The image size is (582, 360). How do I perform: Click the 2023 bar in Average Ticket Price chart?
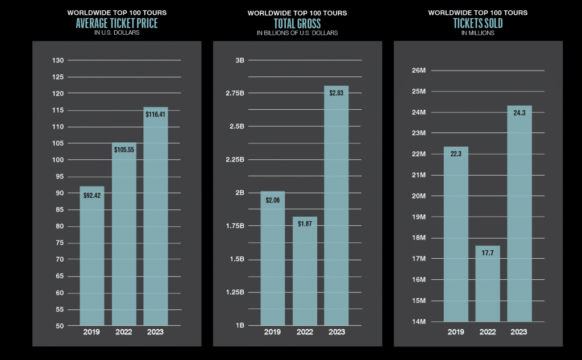pyautogui.click(x=156, y=216)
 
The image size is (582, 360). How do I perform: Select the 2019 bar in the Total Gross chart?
pyautogui.click(x=272, y=259)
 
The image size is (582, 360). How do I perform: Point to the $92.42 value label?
pyautogui.click(x=92, y=196)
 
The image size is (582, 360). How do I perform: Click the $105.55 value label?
pyautogui.click(x=123, y=150)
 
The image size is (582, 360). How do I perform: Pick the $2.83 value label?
pyautogui.click(x=336, y=93)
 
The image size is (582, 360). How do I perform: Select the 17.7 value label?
pyautogui.click(x=487, y=253)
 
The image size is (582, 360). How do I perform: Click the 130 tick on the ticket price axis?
pyautogui.click(x=57, y=60)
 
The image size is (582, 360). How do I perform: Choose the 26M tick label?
pyautogui.click(x=418, y=71)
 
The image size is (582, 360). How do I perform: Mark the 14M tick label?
pyautogui.click(x=418, y=322)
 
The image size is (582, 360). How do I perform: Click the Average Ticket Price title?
pyautogui.click(x=117, y=23)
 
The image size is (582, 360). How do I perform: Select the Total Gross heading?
pyautogui.click(x=297, y=23)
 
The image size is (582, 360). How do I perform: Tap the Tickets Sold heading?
pyautogui.click(x=477, y=23)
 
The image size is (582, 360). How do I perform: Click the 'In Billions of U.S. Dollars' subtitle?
pyautogui.click(x=297, y=33)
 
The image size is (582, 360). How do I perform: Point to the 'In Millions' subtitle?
pyautogui.click(x=477, y=33)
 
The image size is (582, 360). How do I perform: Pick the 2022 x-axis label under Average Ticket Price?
pyautogui.click(x=123, y=332)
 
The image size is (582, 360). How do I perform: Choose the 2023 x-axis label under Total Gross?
pyautogui.click(x=336, y=332)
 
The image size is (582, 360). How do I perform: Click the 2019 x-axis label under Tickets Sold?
pyautogui.click(x=456, y=332)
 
